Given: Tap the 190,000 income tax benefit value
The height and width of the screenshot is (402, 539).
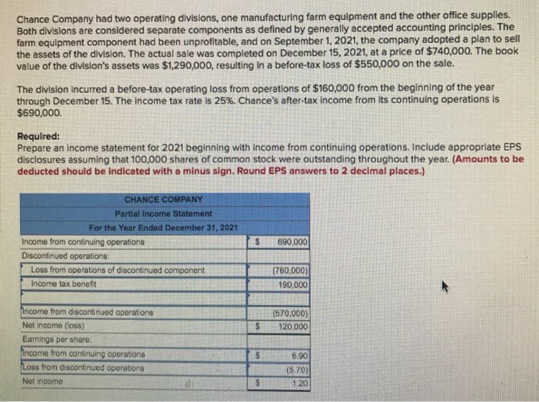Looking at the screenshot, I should [293, 284].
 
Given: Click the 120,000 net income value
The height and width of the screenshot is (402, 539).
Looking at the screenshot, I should [293, 327].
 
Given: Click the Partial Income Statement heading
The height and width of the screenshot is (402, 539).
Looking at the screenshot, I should [163, 213].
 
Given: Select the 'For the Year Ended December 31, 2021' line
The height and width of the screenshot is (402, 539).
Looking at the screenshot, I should [163, 228].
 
